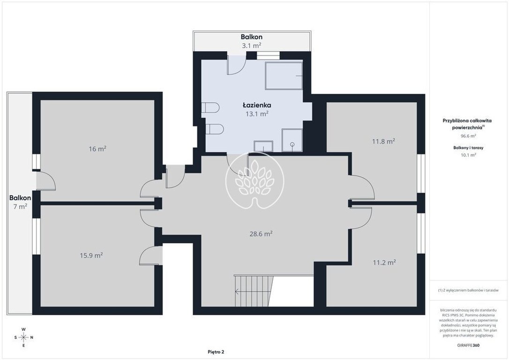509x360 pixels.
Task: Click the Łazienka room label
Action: (x=257, y=105)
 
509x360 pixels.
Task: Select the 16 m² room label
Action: (x=97, y=149)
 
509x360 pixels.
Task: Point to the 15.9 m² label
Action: (x=91, y=255)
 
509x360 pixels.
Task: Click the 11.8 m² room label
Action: (x=383, y=141)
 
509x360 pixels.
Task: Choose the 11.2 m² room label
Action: (x=384, y=262)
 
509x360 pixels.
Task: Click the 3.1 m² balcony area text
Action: (x=252, y=45)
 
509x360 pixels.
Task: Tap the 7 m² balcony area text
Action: (x=20, y=206)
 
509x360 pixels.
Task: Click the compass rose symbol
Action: (x=24, y=337)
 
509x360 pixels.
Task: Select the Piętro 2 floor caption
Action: (x=216, y=352)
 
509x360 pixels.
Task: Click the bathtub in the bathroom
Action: (x=284, y=75)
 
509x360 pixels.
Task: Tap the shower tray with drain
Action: (x=292, y=140)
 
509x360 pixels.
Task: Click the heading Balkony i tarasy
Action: (x=468, y=148)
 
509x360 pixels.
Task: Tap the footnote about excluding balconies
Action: (x=468, y=290)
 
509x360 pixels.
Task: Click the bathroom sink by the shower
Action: (x=263, y=146)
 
